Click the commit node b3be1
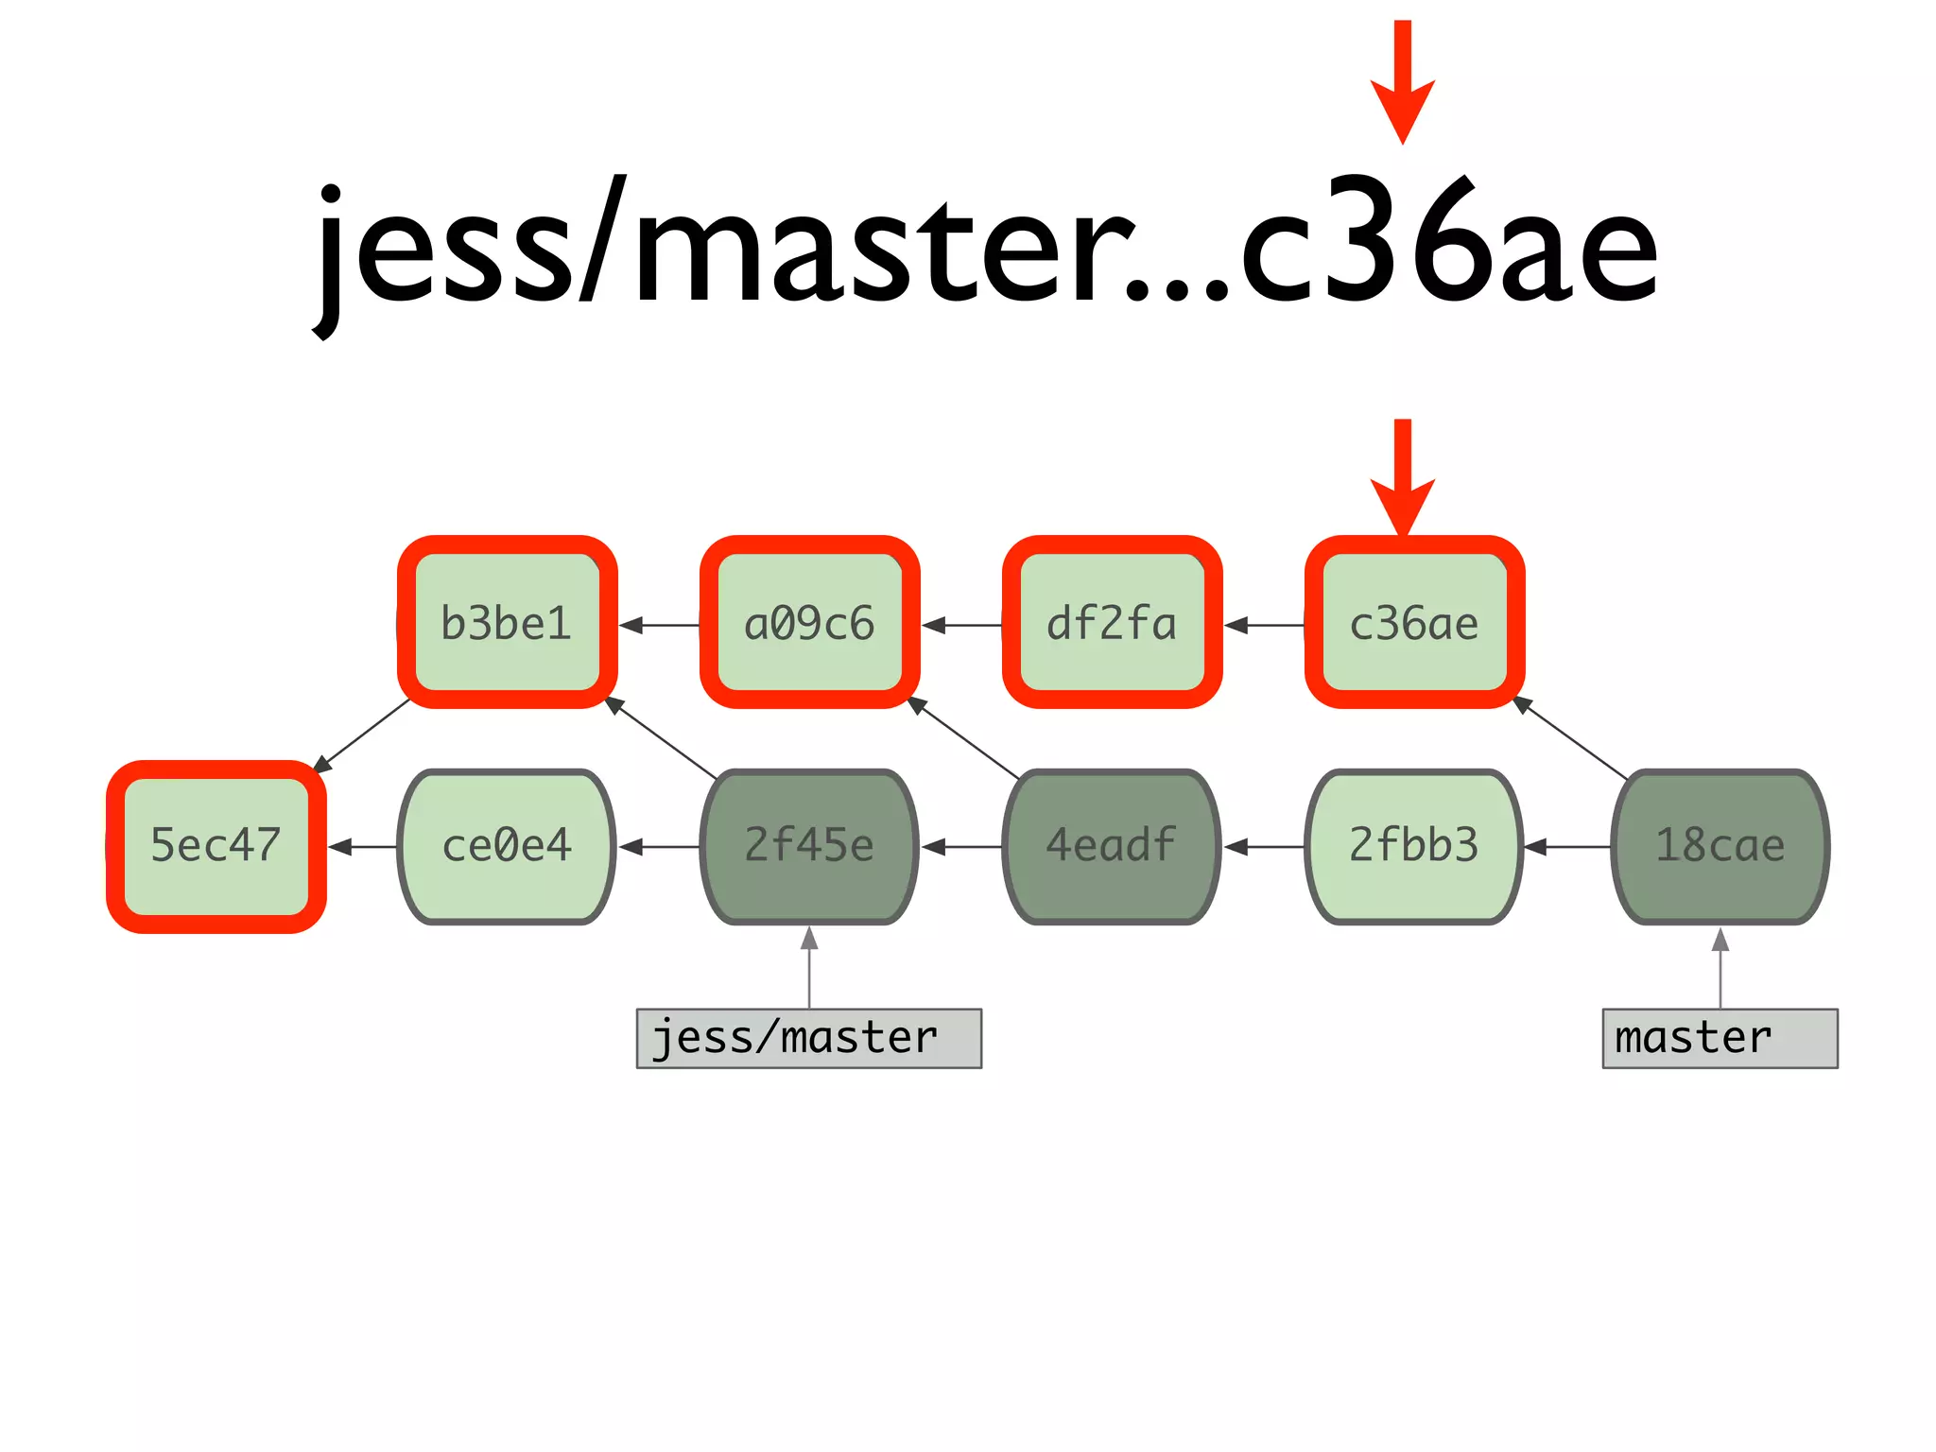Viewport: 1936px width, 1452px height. pos(507,623)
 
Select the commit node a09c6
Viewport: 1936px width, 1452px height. pos(809,623)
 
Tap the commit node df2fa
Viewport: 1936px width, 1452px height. pos(1112,623)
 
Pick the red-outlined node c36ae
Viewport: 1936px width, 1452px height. pos(1414,623)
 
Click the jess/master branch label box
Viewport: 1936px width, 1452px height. pos(809,1038)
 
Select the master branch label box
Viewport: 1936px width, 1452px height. pos(1720,1038)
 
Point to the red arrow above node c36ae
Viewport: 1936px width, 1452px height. pos(1403,477)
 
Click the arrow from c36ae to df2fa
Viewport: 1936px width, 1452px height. pos(1265,625)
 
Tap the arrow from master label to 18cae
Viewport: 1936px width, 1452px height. pos(1720,968)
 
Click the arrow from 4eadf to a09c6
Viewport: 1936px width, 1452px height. pos(964,738)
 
